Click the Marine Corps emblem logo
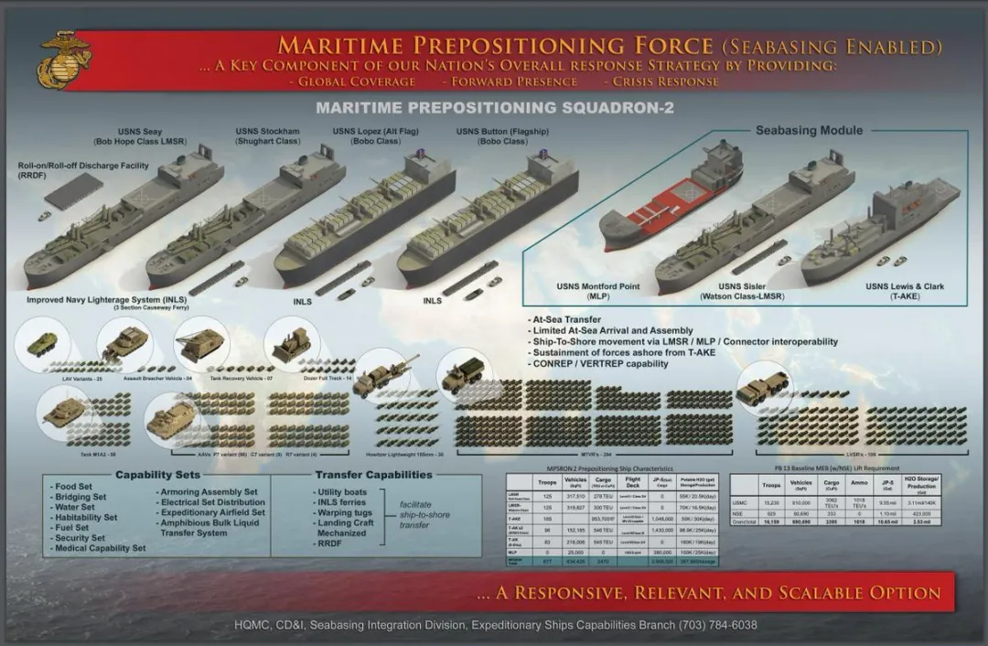[64, 60]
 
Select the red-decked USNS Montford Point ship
[670, 199]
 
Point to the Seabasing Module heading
[809, 131]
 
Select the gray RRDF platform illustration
[73, 190]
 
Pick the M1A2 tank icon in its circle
[64, 413]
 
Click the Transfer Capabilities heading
[373, 475]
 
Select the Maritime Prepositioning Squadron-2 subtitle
[494, 108]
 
